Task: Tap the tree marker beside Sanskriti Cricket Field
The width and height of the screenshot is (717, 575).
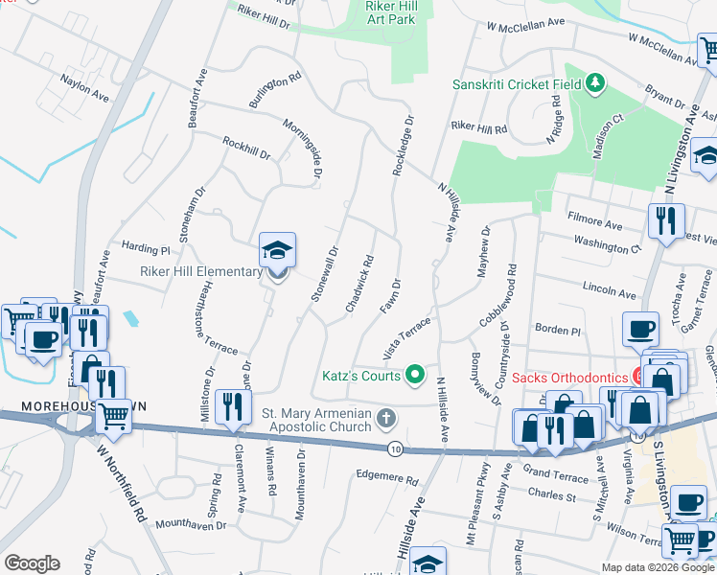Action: click(595, 83)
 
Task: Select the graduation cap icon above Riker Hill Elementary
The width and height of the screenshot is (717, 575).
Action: click(277, 251)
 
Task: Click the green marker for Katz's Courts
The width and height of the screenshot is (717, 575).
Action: click(415, 374)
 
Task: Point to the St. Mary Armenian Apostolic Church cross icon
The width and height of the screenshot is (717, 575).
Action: click(386, 417)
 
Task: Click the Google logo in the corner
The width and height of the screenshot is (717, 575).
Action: click(32, 563)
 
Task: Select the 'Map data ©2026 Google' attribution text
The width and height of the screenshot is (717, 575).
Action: click(658, 567)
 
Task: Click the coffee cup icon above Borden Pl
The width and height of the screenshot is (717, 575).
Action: click(641, 328)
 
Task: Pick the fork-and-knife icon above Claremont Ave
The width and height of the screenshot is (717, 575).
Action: click(232, 406)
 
